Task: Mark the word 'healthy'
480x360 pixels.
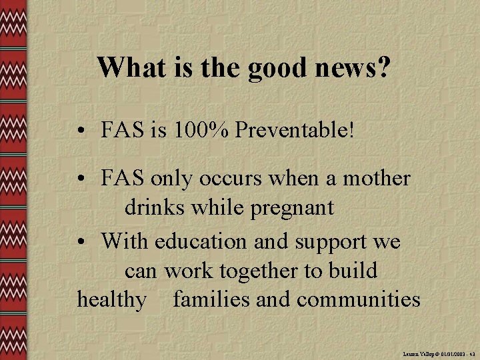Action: [111, 300]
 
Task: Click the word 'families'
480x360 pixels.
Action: [211, 299]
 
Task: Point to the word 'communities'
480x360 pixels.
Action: [358, 299]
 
